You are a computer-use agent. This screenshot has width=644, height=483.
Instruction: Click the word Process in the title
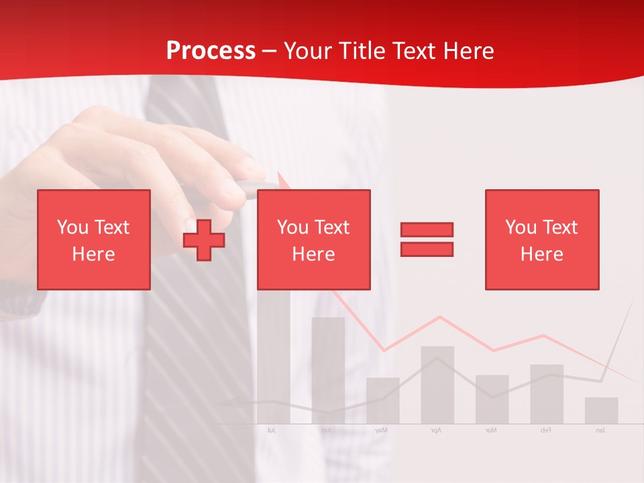(211, 51)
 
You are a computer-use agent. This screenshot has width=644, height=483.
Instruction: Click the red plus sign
(204, 240)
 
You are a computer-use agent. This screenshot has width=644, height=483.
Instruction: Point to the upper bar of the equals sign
(427, 229)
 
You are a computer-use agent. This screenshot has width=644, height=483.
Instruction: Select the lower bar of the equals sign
(427, 249)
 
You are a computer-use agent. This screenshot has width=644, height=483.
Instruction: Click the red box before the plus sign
(94, 239)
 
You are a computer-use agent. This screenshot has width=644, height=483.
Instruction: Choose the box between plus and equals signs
(313, 239)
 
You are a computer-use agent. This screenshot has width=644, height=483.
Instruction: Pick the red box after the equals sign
(541, 239)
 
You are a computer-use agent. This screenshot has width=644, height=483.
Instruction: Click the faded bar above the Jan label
(601, 411)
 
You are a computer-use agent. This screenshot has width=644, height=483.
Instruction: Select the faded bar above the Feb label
(546, 394)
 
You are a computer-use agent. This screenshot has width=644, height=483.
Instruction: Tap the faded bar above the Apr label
(437, 384)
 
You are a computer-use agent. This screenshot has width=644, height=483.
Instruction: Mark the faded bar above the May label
(382, 400)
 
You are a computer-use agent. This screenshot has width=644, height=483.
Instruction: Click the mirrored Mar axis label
(491, 430)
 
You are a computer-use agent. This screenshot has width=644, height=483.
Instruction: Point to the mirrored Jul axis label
(272, 430)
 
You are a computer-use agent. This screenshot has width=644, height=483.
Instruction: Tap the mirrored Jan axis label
(600, 430)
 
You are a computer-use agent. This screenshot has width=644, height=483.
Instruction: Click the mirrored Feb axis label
(545, 430)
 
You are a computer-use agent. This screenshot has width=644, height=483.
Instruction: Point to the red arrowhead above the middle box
(282, 180)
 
